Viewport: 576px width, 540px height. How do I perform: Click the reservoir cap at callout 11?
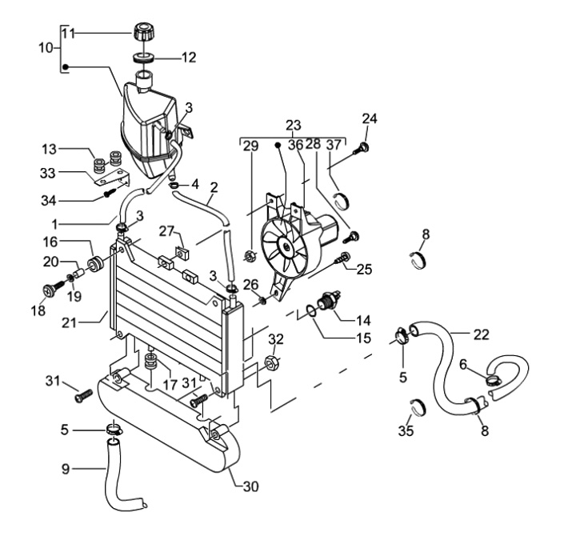point(143,33)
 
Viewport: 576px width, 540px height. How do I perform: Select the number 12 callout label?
point(189,58)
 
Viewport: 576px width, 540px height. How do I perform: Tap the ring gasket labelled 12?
point(144,58)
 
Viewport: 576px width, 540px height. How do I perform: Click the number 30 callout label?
point(251,486)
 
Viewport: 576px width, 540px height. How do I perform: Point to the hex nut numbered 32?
point(272,363)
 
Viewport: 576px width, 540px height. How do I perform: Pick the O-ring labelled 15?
point(311,310)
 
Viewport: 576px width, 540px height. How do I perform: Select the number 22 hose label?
point(482,335)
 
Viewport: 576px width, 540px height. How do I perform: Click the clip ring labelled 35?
point(418,407)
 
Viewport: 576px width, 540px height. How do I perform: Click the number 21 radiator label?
point(69,323)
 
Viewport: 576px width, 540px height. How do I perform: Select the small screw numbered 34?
point(109,193)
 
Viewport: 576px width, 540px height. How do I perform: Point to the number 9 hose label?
point(66,469)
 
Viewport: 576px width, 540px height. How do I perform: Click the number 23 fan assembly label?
point(294,126)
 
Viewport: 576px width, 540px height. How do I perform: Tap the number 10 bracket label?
point(46,48)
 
